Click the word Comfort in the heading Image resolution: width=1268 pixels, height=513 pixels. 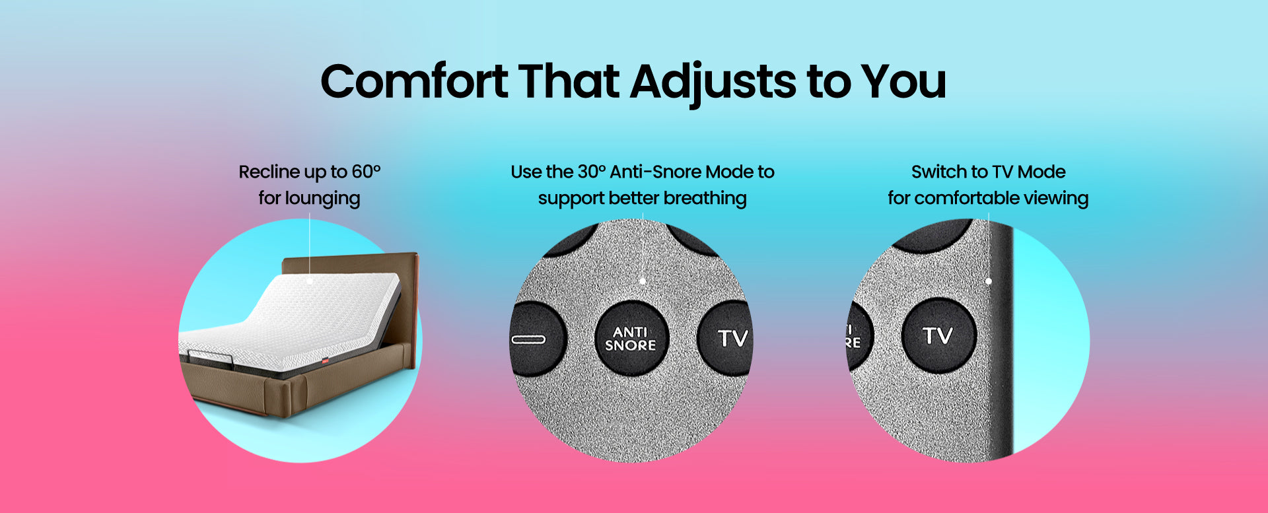pos(414,82)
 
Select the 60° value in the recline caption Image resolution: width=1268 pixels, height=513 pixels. pos(367,172)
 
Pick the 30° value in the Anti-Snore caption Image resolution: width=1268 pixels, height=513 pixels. pos(592,172)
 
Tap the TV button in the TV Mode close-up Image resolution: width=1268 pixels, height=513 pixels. pos(938,335)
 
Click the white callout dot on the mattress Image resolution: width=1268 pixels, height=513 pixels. pos(310,281)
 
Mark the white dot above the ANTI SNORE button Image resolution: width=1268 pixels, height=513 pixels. pos(643,281)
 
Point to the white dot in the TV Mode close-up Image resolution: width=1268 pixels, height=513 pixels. pos(989,281)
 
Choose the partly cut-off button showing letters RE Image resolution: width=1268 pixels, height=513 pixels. pos(859,335)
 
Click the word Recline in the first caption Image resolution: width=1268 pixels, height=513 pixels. pos(268,172)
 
